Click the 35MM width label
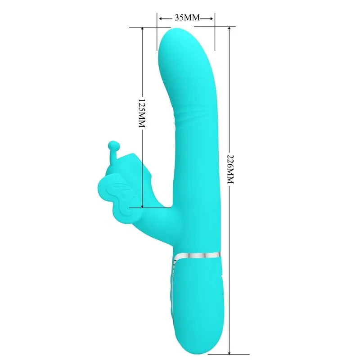pyautogui.click(x=186, y=18)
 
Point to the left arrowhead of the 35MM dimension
pyautogui.click(x=159, y=18)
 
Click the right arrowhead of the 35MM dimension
pyautogui.click(x=212, y=18)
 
